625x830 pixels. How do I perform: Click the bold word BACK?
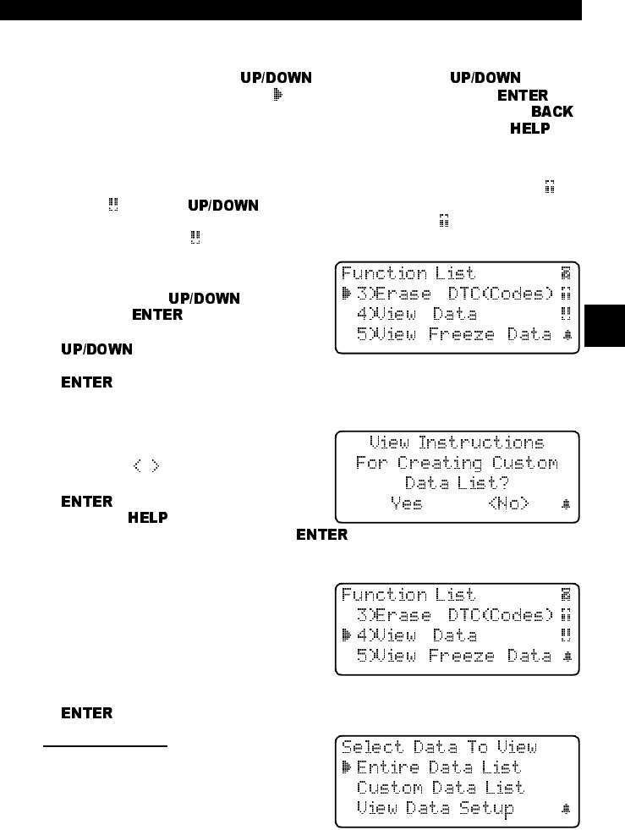[x=552, y=112]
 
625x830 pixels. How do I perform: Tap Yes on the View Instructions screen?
[x=407, y=503]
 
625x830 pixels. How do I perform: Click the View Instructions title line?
[x=458, y=442]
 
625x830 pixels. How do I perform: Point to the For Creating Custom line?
[x=457, y=463]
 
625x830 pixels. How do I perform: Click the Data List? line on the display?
[x=457, y=483]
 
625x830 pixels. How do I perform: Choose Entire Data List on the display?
[x=439, y=767]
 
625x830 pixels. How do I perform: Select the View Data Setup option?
[x=435, y=808]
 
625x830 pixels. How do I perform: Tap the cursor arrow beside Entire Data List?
[x=347, y=767]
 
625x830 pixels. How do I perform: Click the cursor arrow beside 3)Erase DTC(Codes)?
[x=347, y=294]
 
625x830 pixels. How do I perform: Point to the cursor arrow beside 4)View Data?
[x=347, y=635]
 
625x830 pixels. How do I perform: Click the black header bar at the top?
[x=292, y=9]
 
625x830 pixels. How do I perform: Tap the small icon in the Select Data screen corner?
[x=567, y=809]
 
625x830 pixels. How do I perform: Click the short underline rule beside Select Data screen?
[x=107, y=746]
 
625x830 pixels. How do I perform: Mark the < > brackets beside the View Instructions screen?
[x=145, y=465]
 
